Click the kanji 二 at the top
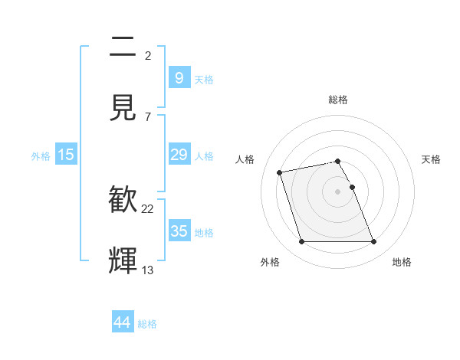click(123, 48)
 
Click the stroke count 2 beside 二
click(148, 56)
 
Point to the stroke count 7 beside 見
click(148, 116)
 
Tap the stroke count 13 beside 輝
click(148, 270)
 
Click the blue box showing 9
click(179, 77)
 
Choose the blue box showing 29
click(179, 155)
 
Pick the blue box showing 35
click(179, 231)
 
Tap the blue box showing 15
click(66, 155)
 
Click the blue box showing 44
click(123, 322)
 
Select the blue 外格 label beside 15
click(41, 155)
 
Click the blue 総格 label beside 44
click(147, 324)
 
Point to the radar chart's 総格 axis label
click(337, 100)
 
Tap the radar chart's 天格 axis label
click(432, 159)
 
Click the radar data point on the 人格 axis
click(280, 172)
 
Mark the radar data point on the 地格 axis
click(373, 242)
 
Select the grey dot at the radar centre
click(337, 191)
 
